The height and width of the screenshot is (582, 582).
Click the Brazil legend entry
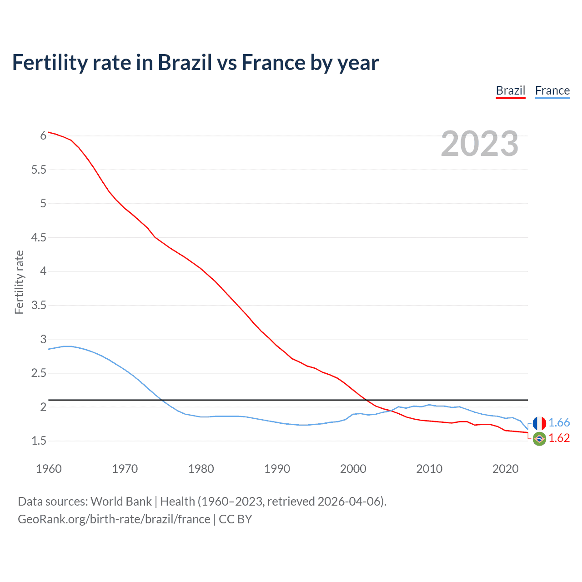click(x=510, y=91)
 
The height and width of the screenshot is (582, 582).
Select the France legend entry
click(x=552, y=91)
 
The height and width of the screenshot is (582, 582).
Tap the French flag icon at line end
click(x=539, y=423)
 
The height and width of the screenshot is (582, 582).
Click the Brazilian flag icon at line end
click(x=539, y=439)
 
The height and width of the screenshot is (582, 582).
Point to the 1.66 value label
click(x=559, y=423)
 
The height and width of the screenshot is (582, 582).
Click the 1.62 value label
click(x=559, y=438)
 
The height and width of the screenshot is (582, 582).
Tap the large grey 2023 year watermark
click(x=480, y=144)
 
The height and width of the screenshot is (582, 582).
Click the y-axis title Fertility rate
click(x=19, y=282)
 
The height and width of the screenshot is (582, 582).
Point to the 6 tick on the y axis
click(x=43, y=135)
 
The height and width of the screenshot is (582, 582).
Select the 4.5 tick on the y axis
click(x=39, y=237)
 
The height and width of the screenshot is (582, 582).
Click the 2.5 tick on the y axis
click(x=39, y=373)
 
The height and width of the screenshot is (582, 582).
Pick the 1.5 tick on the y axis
click(x=39, y=441)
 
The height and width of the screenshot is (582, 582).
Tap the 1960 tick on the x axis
click(x=49, y=469)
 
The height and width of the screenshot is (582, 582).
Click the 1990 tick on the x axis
click(x=277, y=469)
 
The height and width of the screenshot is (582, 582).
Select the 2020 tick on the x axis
click(x=505, y=469)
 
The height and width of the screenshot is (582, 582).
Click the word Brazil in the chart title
click(x=185, y=62)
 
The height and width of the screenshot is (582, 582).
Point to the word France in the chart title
click(x=273, y=62)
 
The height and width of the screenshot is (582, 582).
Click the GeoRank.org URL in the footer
click(x=114, y=519)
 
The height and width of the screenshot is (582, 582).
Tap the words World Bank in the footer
click(x=121, y=502)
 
